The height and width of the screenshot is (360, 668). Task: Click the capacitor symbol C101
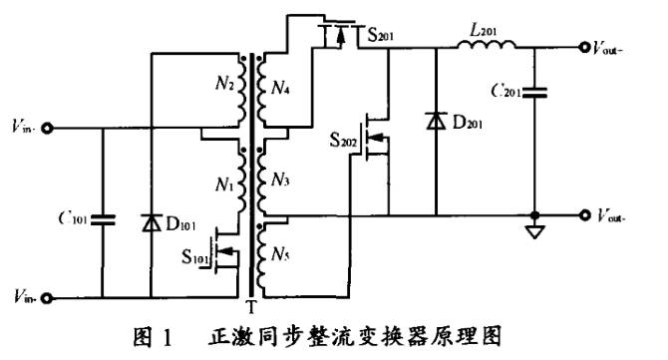click(x=104, y=218)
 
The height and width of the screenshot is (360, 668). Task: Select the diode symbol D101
click(x=151, y=220)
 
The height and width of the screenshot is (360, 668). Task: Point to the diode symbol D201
click(x=436, y=121)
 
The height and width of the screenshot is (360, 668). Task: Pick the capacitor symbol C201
click(x=538, y=93)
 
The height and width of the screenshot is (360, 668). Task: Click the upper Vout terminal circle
click(x=584, y=46)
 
